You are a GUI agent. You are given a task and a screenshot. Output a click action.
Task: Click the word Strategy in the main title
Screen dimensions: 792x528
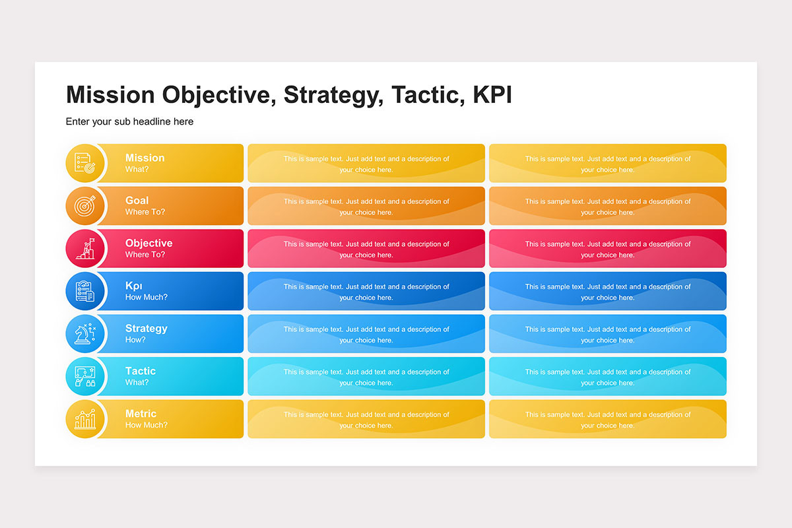(x=333, y=95)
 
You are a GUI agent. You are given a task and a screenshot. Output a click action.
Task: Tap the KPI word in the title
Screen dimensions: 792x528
(x=492, y=94)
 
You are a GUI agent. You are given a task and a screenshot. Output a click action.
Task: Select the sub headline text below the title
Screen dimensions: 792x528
(x=129, y=121)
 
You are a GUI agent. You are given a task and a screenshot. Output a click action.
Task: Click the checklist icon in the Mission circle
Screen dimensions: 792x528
(x=85, y=163)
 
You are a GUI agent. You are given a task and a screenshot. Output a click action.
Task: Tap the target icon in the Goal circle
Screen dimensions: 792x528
(x=85, y=206)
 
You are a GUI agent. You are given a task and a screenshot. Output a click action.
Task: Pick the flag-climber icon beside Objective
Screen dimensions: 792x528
(x=85, y=248)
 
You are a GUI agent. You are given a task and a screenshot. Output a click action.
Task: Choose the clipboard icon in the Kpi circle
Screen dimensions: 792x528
(x=85, y=291)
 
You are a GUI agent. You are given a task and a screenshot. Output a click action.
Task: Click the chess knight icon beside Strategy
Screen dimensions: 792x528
(x=85, y=333)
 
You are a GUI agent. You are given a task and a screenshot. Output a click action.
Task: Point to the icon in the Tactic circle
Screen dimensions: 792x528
(x=85, y=376)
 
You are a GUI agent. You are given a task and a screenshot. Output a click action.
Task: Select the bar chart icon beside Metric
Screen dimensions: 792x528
(x=85, y=419)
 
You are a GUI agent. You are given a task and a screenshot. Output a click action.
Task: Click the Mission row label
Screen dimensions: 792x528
(x=145, y=158)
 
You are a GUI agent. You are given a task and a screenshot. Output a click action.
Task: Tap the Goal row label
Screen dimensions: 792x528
(x=137, y=201)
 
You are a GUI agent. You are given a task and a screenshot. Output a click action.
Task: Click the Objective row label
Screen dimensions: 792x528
(x=149, y=244)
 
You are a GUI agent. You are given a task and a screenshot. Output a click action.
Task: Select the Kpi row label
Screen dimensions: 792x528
(x=133, y=286)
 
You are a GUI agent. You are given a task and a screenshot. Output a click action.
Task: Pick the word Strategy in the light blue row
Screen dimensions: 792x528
(x=147, y=329)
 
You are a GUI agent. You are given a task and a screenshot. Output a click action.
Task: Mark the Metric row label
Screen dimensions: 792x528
(x=141, y=414)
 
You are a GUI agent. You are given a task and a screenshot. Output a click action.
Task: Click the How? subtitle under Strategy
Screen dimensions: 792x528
(x=135, y=340)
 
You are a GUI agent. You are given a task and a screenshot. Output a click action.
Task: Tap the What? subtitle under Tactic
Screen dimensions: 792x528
(x=137, y=382)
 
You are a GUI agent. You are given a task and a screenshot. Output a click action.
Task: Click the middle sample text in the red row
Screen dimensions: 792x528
(x=366, y=249)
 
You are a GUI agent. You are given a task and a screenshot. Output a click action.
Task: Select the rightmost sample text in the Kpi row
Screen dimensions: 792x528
(x=608, y=292)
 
